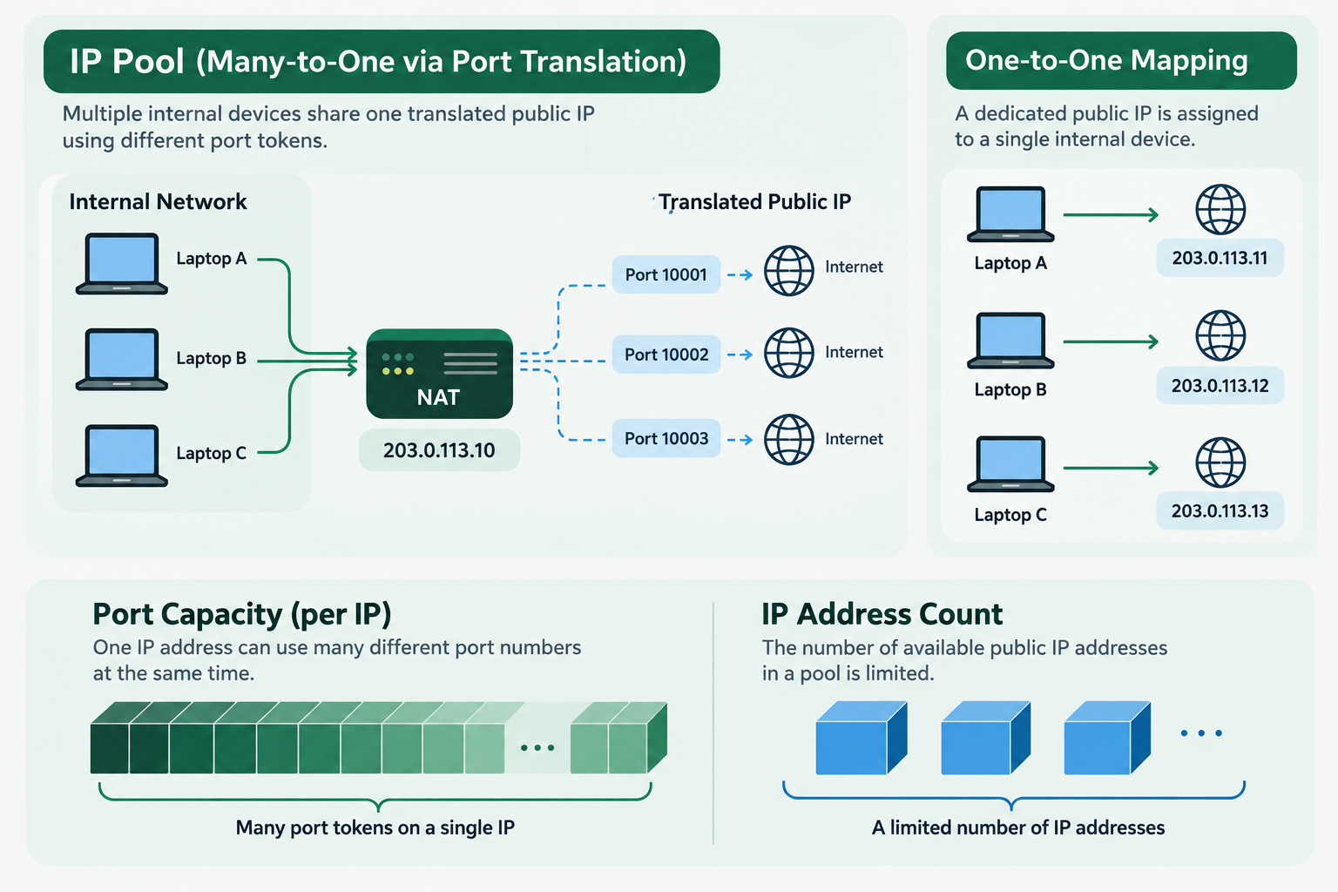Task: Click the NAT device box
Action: click(439, 374)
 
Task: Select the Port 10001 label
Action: click(666, 274)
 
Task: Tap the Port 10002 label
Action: click(666, 355)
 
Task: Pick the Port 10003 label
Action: click(666, 438)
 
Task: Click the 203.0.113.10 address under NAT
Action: click(439, 449)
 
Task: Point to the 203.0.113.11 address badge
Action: click(1220, 258)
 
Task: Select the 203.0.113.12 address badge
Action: click(1220, 385)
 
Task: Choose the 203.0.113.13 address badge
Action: click(1220, 510)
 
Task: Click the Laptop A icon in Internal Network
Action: click(122, 263)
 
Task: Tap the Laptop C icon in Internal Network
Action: click(122, 456)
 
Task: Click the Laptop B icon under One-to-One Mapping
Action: click(1010, 340)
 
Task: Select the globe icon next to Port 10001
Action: click(788, 271)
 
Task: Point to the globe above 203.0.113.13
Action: click(1220, 463)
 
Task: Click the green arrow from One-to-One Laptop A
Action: click(1111, 214)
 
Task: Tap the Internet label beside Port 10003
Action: click(854, 439)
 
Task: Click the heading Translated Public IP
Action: click(755, 202)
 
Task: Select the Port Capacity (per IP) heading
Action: click(242, 615)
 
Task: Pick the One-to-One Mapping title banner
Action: click(1121, 60)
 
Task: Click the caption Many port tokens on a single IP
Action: click(375, 828)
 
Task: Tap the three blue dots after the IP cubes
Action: click(1201, 733)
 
